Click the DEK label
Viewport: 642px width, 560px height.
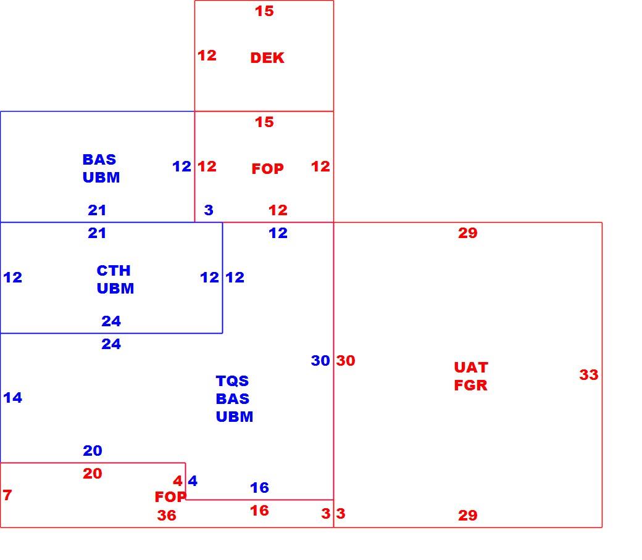pos(267,58)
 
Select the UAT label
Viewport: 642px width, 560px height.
pos(471,368)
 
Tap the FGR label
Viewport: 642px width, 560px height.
pos(471,385)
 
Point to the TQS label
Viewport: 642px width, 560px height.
pos(232,381)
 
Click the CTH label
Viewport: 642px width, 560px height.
pos(114,270)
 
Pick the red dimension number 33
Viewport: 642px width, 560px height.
pos(589,375)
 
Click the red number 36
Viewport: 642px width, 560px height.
pos(167,516)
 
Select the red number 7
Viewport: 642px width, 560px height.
pos(7,495)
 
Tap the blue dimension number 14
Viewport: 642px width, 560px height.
pos(13,398)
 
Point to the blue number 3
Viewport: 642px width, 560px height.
pos(209,210)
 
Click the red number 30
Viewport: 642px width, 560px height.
pos(346,361)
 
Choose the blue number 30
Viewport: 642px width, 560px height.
pos(320,361)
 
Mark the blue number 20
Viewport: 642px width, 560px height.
pos(93,451)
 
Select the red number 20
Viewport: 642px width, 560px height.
pos(93,474)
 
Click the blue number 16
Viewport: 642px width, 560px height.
pos(260,488)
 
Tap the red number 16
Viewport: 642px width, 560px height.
pos(260,511)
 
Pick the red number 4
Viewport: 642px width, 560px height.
pos(178,480)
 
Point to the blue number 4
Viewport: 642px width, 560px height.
pos(193,480)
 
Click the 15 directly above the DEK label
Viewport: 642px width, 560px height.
pos(264,11)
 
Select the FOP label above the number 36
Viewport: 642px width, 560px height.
pos(170,497)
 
